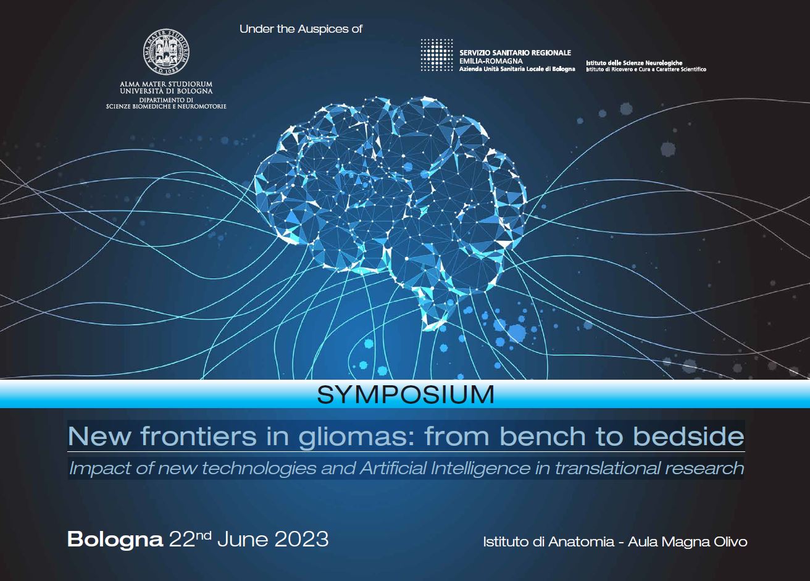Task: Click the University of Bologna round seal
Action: pos(166,52)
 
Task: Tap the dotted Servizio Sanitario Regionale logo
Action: pos(436,54)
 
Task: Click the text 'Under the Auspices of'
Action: pos(301,29)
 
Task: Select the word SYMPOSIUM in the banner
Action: pos(406,395)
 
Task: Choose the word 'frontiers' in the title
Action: pos(198,437)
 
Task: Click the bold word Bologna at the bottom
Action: pos(115,539)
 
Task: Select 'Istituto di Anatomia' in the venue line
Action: pos(549,542)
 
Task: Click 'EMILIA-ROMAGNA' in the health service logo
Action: pos(491,61)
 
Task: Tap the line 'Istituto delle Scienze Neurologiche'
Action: pos(634,63)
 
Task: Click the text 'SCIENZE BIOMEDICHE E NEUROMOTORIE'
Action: pos(166,107)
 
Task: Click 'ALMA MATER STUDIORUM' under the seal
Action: pos(166,84)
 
